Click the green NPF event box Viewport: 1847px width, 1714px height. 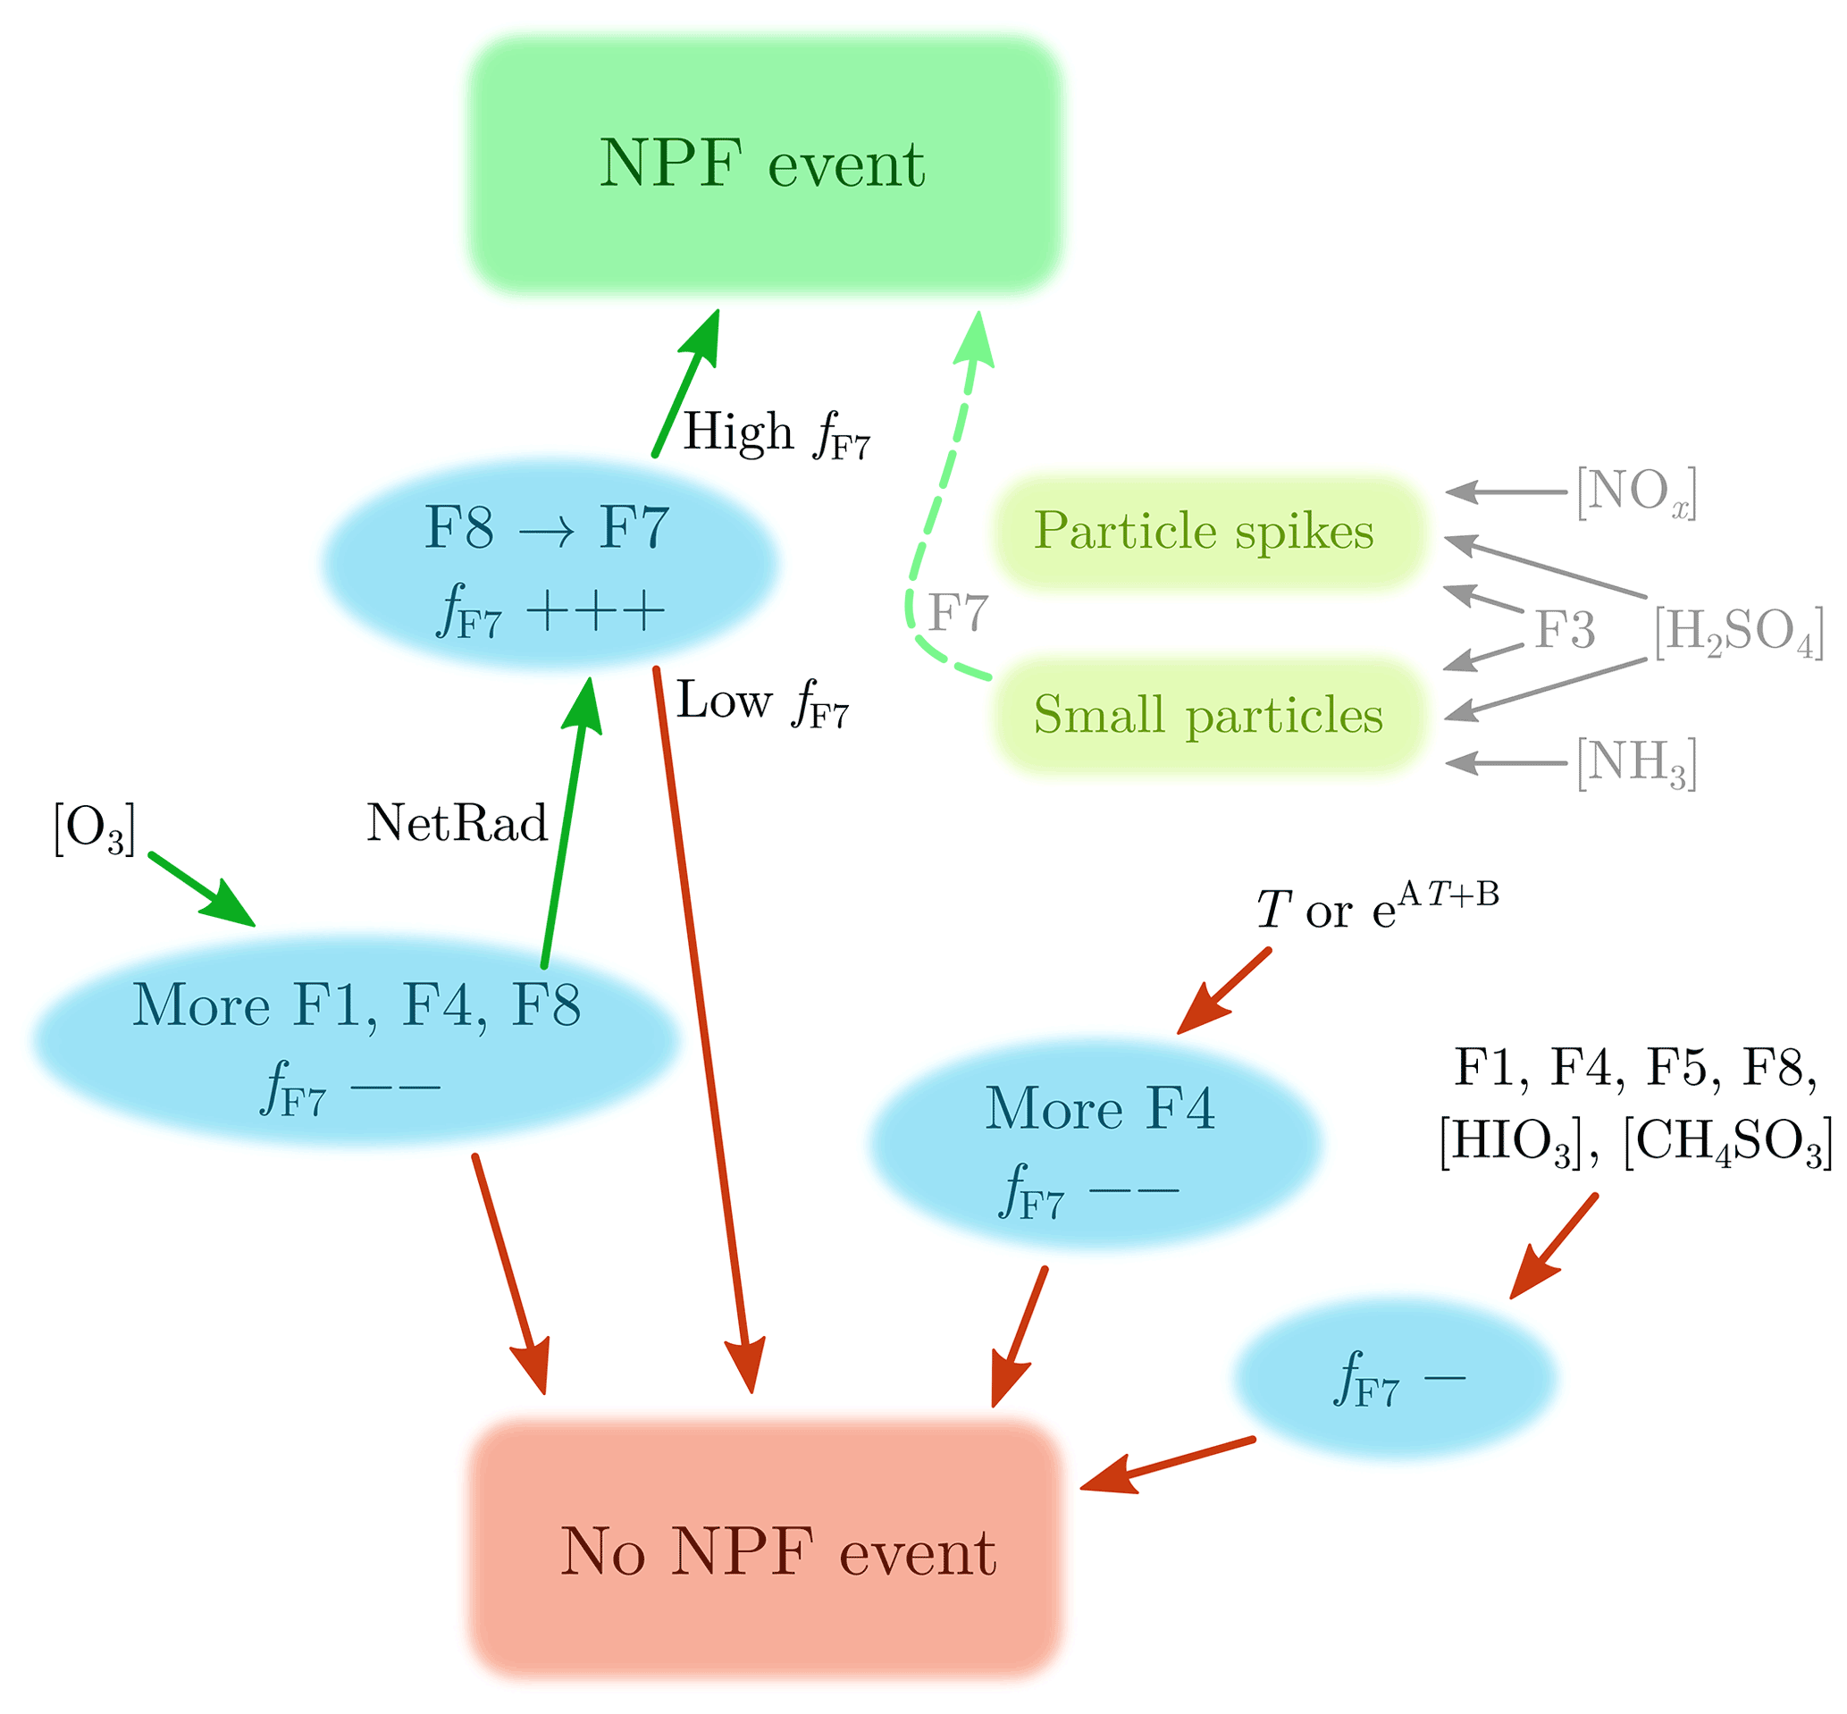pyautogui.click(x=764, y=165)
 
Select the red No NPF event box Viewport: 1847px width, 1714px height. pyautogui.click(x=764, y=1550)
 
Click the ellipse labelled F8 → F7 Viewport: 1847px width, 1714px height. pyautogui.click(x=549, y=564)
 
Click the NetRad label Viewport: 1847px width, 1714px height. pyautogui.click(x=458, y=824)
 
